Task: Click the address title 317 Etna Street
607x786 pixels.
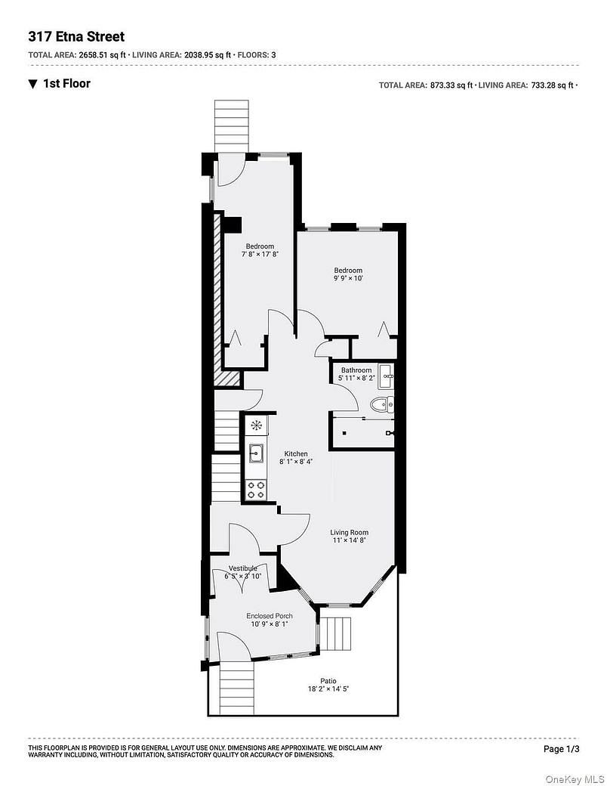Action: (x=76, y=36)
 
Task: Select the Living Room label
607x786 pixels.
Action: (x=350, y=532)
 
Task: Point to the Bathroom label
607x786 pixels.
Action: (x=356, y=370)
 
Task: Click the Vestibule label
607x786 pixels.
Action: (x=243, y=568)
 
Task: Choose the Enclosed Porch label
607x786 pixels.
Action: (x=270, y=616)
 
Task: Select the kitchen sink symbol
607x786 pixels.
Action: (x=255, y=453)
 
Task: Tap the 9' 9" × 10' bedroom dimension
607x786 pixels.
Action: (x=349, y=279)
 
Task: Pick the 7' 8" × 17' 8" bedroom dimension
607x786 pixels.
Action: (x=260, y=255)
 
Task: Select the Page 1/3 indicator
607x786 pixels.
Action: (x=562, y=749)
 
